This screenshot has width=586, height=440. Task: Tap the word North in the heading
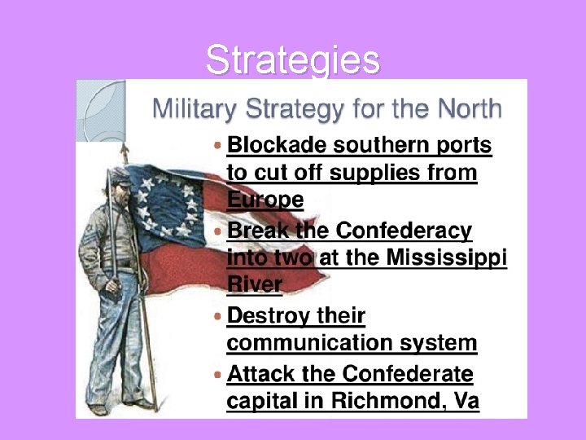[470, 108]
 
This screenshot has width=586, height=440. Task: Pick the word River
[254, 286]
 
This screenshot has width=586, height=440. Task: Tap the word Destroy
[261, 315]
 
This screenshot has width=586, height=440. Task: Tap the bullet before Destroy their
[216, 315]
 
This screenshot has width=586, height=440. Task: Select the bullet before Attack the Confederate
[216, 374]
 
